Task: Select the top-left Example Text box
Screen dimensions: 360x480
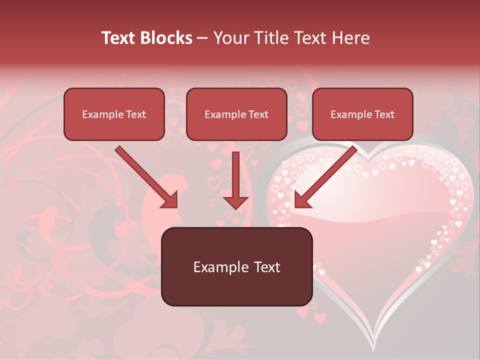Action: [114, 114]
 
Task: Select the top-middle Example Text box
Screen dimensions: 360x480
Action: [236, 114]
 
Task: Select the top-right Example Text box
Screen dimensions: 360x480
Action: [362, 114]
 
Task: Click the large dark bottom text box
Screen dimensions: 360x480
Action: [236, 266]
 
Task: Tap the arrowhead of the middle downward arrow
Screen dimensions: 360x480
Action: [235, 202]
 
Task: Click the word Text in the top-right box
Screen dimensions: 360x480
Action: [384, 114]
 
